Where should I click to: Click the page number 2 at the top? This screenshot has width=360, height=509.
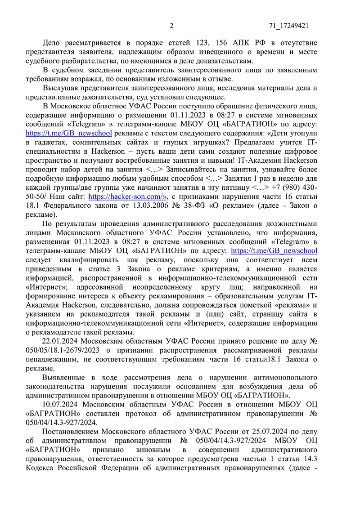pyautogui.click(x=171, y=26)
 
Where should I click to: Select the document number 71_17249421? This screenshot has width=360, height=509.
pyautogui.click(x=288, y=26)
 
